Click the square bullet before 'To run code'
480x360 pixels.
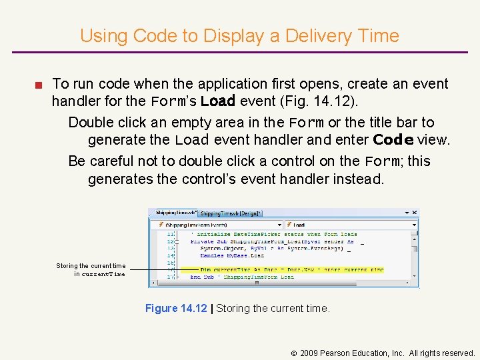coord(40,85)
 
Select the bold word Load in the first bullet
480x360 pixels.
coord(218,102)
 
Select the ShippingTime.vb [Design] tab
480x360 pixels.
coord(231,213)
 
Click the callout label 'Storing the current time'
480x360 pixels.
coord(91,265)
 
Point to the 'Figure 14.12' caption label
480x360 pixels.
coord(176,308)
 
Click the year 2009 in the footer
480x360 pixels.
coord(309,353)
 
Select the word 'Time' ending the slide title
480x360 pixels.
coord(378,35)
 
